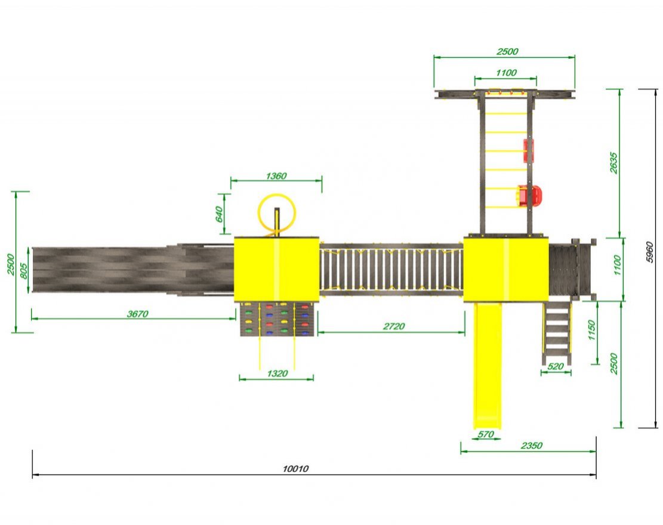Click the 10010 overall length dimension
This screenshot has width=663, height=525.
pos(295,468)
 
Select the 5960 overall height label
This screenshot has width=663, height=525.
pos(650,252)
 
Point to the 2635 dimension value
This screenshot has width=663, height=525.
pos(613,163)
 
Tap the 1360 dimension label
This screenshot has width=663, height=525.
pos(276,176)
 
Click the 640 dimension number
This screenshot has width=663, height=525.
pos(219,214)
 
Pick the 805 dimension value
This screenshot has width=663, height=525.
pos(24,271)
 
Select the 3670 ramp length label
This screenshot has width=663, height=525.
pos(138,314)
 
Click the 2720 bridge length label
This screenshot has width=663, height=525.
pos(394,326)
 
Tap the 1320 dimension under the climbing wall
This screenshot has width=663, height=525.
pos(277,373)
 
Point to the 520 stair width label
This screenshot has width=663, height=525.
pos(555,366)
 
